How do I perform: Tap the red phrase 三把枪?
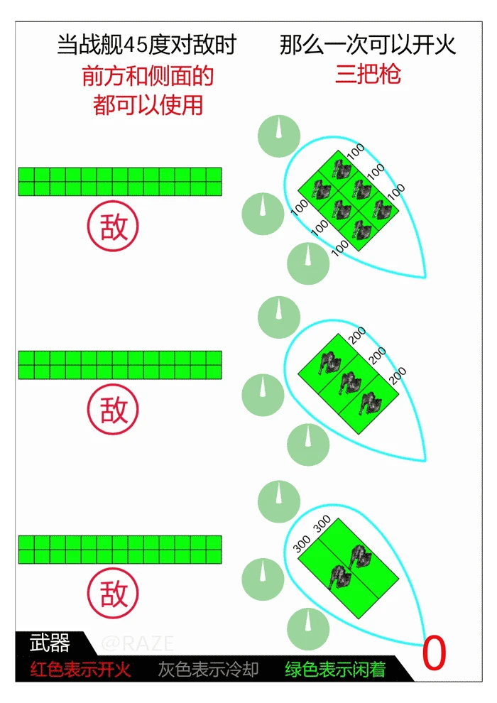[x=368, y=74]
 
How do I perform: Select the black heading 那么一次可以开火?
[x=368, y=45]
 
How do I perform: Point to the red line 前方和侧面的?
[x=148, y=76]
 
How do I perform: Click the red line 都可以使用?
[x=148, y=105]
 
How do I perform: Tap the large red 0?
[x=435, y=653]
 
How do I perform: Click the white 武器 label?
[x=50, y=643]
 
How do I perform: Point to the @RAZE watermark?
[x=138, y=644]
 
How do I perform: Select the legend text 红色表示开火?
[x=81, y=670]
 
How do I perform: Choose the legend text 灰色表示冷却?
[x=209, y=670]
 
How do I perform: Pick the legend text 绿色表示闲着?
[x=336, y=670]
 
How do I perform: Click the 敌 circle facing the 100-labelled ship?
[x=113, y=226]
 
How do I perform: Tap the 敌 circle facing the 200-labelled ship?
[x=113, y=409]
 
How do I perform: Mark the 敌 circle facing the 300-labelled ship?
[x=113, y=593]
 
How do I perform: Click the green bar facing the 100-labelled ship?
[x=120, y=182]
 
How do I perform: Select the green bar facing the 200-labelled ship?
[x=120, y=365]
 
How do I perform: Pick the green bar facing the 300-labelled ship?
[x=120, y=549]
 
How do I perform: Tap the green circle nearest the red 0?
[x=308, y=629]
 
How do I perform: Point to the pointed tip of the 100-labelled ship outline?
[x=425, y=278]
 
